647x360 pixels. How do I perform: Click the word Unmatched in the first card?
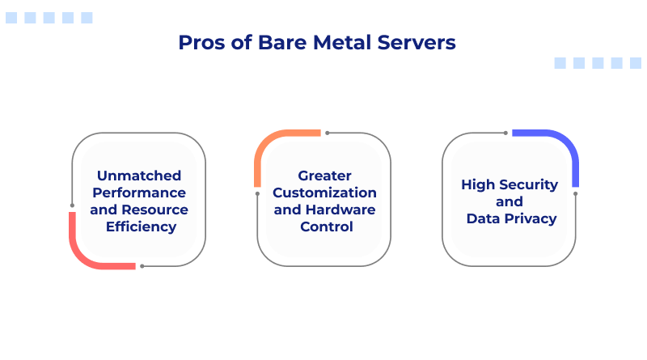pos(139,176)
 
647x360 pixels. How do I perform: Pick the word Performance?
pos(139,193)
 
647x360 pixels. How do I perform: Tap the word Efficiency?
pos(141,227)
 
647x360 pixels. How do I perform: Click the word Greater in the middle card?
pos(324,176)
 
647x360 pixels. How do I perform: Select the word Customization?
pos(324,193)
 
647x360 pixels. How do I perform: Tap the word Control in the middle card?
pos(324,227)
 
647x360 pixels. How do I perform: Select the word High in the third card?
pos(477,184)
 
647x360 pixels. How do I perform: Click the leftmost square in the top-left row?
pos(11,18)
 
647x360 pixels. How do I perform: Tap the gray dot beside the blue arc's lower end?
pos(576,193)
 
